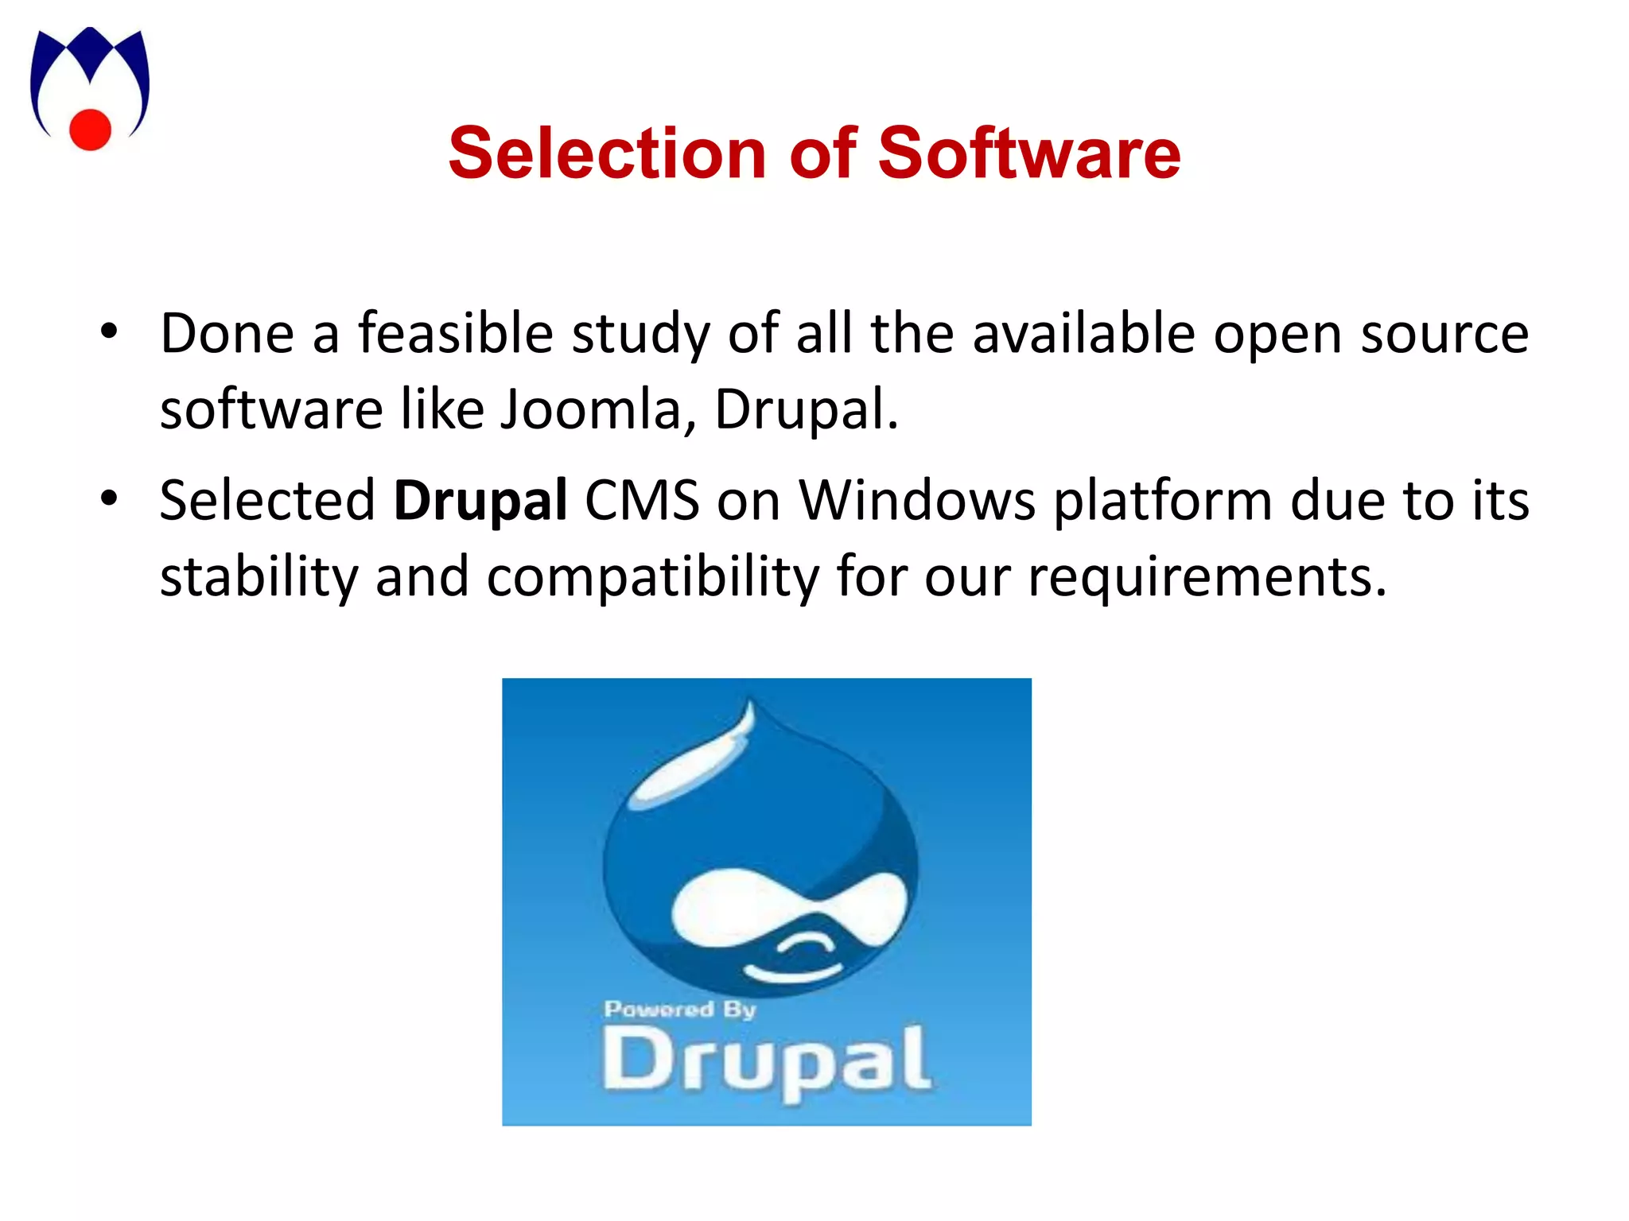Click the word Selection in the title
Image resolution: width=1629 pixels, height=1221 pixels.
(x=607, y=153)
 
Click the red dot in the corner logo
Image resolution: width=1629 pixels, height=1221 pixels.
(x=90, y=130)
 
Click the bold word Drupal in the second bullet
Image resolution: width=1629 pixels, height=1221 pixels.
(x=480, y=500)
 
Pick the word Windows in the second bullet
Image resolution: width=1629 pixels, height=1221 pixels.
(x=917, y=500)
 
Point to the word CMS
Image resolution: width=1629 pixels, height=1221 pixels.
(x=642, y=500)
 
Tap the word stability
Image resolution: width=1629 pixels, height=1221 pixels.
(x=259, y=576)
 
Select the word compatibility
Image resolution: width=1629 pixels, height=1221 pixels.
(x=652, y=576)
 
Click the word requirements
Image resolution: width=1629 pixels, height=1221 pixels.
(x=1207, y=576)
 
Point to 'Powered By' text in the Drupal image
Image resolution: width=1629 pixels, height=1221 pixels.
(x=679, y=1010)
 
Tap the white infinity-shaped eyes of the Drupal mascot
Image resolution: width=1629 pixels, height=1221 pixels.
(x=783, y=906)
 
